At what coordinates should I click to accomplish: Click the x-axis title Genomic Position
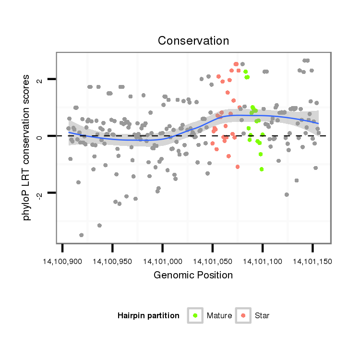[x=193, y=276]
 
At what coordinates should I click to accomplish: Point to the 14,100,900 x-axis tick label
[x=62, y=262]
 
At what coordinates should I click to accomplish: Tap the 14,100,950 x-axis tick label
[x=112, y=262]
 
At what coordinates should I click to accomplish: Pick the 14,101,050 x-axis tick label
[x=213, y=262]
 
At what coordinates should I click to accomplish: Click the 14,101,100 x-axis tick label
[x=263, y=262]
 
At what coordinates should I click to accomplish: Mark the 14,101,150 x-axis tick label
[x=312, y=262]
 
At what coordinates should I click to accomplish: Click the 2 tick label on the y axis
[x=40, y=79]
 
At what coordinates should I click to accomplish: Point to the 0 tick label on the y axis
[x=40, y=136]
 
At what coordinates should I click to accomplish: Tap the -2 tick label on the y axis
[x=40, y=193]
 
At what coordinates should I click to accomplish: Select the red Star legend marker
[x=243, y=315]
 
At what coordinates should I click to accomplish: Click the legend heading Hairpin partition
[x=148, y=316]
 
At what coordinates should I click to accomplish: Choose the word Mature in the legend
[x=219, y=316]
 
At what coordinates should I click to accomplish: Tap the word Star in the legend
[x=263, y=316]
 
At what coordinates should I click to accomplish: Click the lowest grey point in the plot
[x=82, y=235]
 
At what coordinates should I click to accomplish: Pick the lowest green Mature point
[x=262, y=169]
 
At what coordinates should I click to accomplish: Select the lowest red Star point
[x=238, y=167]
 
